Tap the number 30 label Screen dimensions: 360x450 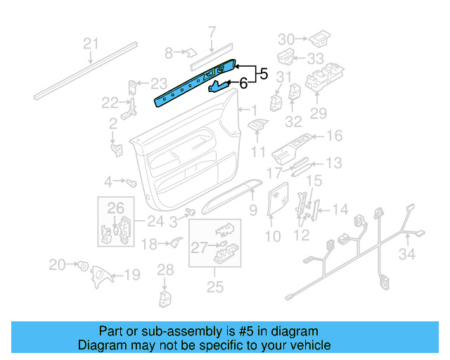[286, 39]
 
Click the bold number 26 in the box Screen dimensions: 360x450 [115, 207]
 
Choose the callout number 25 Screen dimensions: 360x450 [214, 286]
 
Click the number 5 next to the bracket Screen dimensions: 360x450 [263, 72]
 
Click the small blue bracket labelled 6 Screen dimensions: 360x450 [220, 86]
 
